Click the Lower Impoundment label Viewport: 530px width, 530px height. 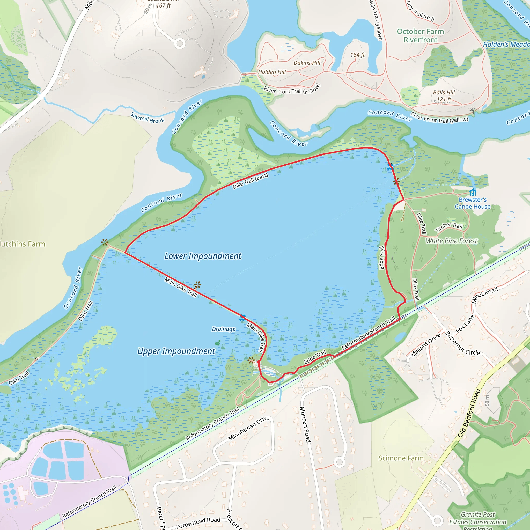click(203, 256)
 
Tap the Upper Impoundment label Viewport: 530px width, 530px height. click(176, 351)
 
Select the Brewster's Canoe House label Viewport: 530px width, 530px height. click(472, 203)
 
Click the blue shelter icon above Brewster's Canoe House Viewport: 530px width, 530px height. click(473, 192)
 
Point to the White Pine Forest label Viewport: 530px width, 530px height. click(451, 241)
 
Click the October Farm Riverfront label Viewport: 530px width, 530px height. click(420, 36)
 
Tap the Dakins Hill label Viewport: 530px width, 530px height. click(307, 63)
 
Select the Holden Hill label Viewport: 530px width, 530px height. click(272, 72)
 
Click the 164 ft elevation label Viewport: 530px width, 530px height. click(357, 55)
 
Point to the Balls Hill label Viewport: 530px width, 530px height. click(444, 92)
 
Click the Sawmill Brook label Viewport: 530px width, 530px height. click(147, 117)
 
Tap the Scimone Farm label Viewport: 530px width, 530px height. click(401, 458)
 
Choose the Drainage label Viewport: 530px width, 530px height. click(224, 329)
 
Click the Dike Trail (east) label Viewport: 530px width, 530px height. click(250, 181)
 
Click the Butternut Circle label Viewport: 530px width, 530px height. click(462, 343)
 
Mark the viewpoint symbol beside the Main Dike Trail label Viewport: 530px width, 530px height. click(197, 285)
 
